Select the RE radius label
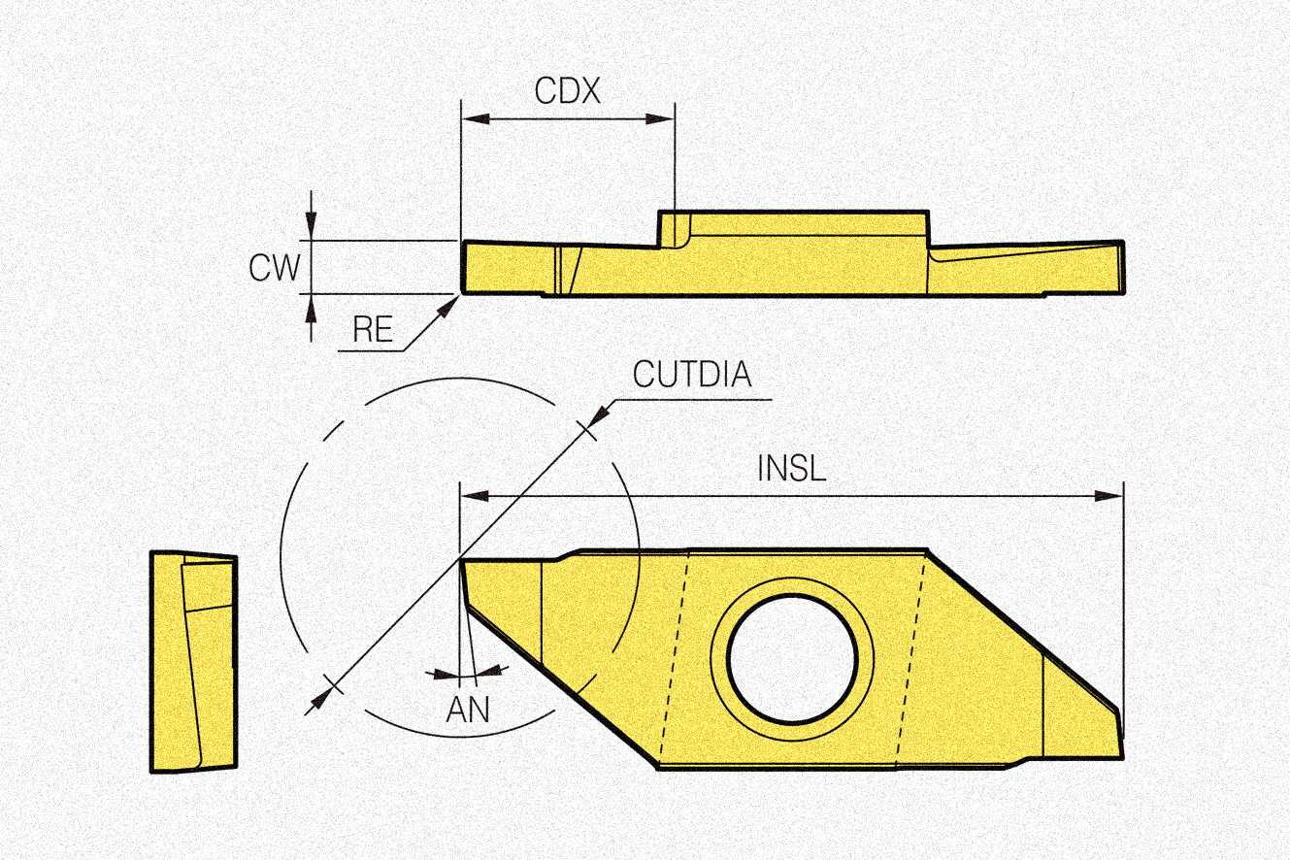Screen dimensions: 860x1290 point(373,330)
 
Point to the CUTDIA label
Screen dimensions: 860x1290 point(692,375)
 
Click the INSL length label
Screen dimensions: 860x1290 point(791,469)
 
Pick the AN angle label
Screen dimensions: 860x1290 point(468,710)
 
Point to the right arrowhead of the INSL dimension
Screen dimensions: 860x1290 point(1110,495)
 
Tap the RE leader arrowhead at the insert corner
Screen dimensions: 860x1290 point(449,305)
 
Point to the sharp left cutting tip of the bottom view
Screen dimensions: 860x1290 point(461,561)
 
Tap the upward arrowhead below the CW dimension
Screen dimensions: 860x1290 point(310,305)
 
